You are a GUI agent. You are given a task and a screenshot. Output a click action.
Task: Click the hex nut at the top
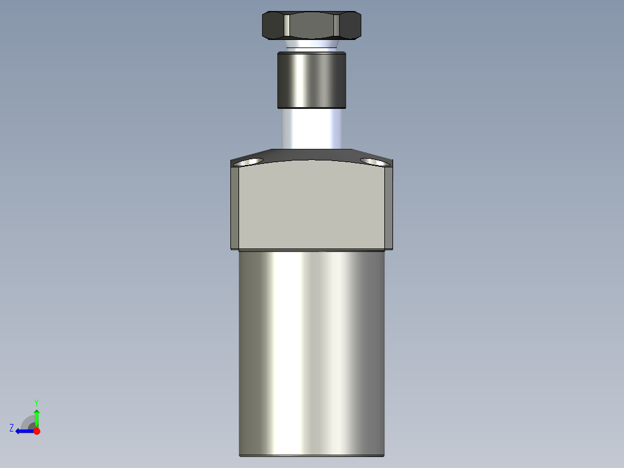[311, 25]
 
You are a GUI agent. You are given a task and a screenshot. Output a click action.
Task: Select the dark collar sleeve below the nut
[311, 80]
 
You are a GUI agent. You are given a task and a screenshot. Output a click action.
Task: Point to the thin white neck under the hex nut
[311, 46]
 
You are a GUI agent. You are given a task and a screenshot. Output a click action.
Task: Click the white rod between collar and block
[311, 129]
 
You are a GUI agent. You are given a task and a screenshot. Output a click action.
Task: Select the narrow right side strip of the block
[390, 206]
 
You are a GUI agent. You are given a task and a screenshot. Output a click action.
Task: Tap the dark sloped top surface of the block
[311, 154]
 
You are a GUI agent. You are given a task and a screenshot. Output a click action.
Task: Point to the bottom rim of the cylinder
[311, 455]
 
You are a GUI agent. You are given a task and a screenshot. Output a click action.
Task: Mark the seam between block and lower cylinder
[311, 250]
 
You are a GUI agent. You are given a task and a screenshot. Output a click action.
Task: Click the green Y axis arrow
[36, 417]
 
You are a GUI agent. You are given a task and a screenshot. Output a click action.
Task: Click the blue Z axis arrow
[23, 431]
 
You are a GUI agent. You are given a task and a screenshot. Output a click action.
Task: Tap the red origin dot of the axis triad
[36, 431]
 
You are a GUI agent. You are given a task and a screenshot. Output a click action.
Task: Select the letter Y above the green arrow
[36, 402]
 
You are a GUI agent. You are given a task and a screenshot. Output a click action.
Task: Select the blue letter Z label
[12, 428]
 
